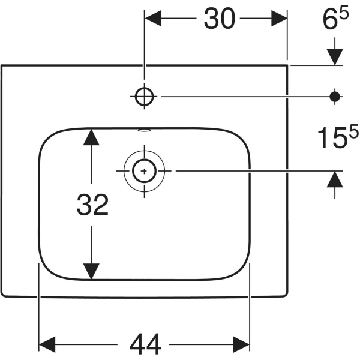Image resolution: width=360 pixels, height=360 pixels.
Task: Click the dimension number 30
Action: point(219,20)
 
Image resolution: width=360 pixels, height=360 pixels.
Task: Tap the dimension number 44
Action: point(146,344)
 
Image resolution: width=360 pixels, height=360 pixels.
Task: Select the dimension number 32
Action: point(92,206)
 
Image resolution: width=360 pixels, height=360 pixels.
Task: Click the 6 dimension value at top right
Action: point(329,22)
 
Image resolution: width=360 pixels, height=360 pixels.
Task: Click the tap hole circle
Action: point(145,95)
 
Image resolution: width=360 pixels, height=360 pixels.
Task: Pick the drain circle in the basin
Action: point(144,171)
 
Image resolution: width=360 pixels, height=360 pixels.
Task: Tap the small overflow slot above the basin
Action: point(144,128)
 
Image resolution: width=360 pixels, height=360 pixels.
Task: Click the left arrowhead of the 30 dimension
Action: point(154,20)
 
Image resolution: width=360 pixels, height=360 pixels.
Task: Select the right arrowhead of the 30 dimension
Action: point(280,20)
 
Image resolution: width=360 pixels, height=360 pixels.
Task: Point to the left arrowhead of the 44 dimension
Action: point(47,344)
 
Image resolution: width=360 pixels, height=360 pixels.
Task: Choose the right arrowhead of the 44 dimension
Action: point(241,344)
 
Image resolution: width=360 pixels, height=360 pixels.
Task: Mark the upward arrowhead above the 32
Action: point(90,137)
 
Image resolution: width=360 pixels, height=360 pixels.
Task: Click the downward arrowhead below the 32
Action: point(90,271)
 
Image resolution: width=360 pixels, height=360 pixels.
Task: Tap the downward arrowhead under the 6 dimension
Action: point(335,56)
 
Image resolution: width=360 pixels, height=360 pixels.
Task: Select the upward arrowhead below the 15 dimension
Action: point(335,179)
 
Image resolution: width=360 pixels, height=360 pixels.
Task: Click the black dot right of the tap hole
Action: point(335,95)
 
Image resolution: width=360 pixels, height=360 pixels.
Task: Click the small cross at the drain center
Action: point(144,171)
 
